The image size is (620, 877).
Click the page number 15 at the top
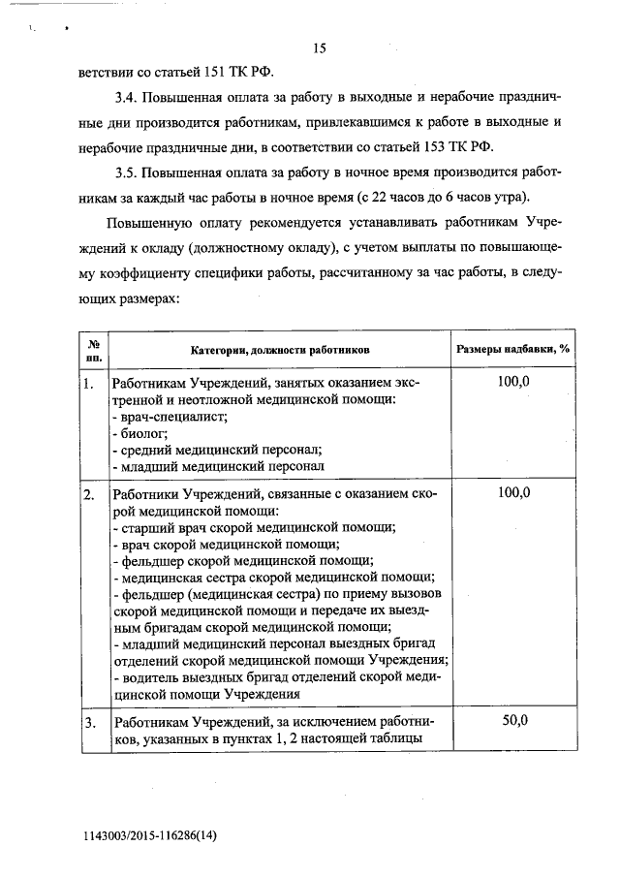click(x=321, y=48)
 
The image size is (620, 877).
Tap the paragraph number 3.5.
click(x=126, y=172)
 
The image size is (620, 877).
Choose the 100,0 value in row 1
click(x=513, y=384)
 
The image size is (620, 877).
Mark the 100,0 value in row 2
click(x=513, y=493)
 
